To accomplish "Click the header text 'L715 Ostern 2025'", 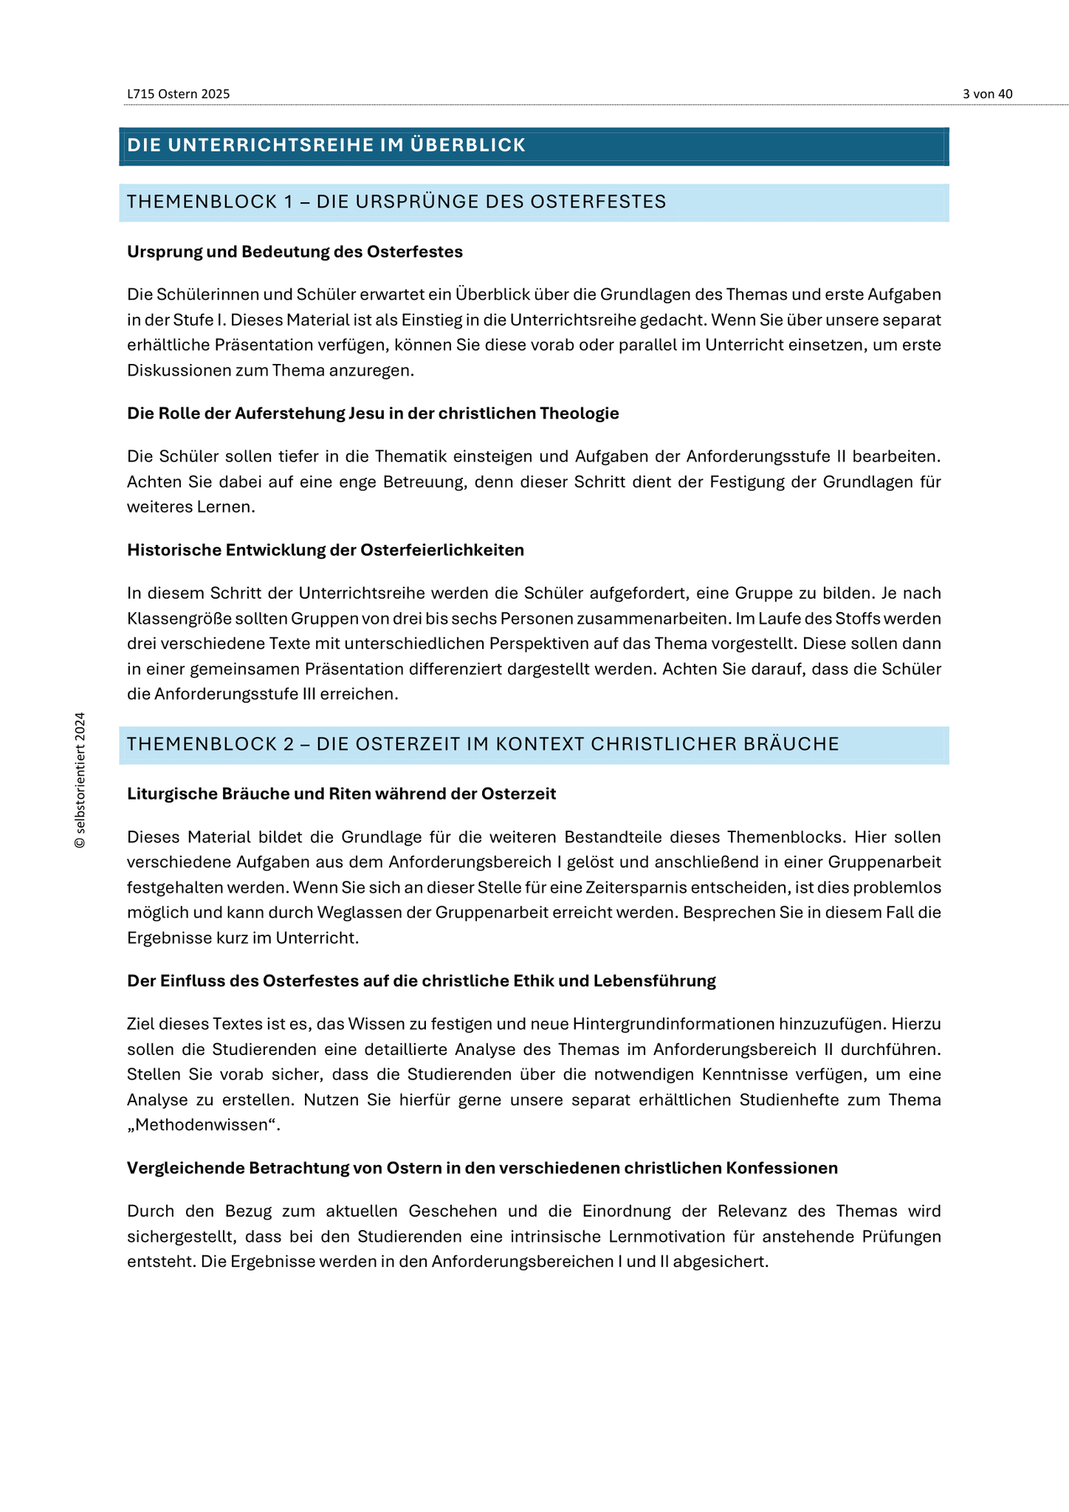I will [178, 94].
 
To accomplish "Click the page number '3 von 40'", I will [987, 94].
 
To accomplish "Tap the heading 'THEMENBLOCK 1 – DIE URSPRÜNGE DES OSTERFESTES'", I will [396, 202].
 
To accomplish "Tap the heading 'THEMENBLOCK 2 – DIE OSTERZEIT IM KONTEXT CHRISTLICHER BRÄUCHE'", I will [483, 744].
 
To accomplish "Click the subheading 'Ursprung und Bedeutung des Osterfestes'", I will [295, 252].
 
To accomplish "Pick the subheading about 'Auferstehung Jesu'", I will [373, 413].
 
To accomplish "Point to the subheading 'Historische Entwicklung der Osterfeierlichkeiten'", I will [326, 550].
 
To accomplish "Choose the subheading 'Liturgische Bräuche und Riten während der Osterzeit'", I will [341, 794].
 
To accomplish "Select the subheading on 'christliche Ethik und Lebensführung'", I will [422, 981].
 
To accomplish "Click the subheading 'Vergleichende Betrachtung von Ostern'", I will [482, 1168].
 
